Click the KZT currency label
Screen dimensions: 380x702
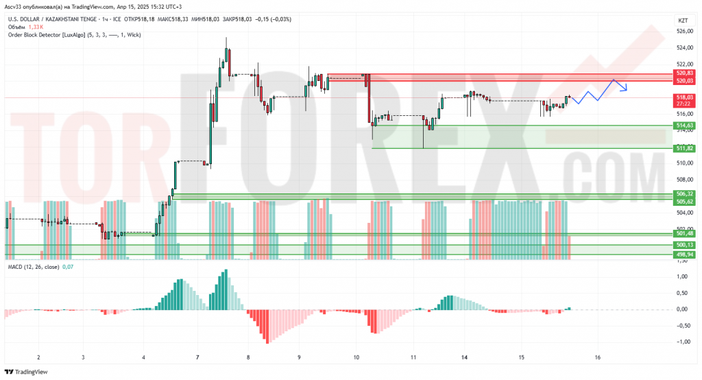tap(683, 21)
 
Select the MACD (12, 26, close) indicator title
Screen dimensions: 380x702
tap(33, 266)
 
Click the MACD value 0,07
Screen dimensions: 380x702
tap(68, 266)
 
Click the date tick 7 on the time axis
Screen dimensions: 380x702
tap(197, 357)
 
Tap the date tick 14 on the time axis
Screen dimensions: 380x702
tap(465, 357)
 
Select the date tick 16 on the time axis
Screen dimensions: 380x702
tap(598, 357)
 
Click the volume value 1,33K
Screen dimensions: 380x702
tap(34, 27)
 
